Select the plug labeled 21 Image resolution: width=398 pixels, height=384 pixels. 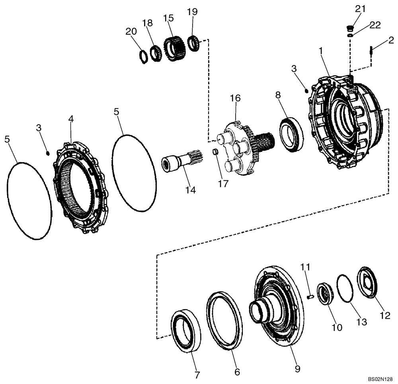coord(349,28)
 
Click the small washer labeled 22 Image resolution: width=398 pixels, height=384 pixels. coord(350,35)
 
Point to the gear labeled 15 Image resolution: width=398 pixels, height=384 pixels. coord(175,49)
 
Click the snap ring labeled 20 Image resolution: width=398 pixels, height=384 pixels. coord(144,56)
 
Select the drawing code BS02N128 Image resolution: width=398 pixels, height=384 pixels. coord(380,380)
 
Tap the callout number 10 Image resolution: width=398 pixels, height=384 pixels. coord(337,327)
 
